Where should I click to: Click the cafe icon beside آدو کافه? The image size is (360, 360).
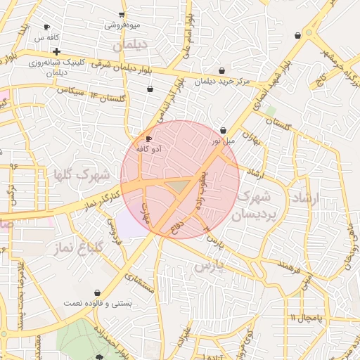tap(148, 139)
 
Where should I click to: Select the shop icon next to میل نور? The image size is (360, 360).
tap(224, 130)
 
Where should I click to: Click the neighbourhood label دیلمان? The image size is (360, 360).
tap(131, 44)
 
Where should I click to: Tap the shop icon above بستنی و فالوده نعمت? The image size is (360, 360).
tap(97, 292)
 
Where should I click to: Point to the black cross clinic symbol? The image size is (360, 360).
tap(56, 51)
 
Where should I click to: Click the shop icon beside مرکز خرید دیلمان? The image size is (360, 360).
tap(222, 70)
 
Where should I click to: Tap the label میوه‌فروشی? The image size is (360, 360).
tap(123, 25)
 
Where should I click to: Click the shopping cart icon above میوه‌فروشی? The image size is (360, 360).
tap(122, 15)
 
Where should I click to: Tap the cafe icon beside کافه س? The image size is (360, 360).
tap(46, 27)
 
